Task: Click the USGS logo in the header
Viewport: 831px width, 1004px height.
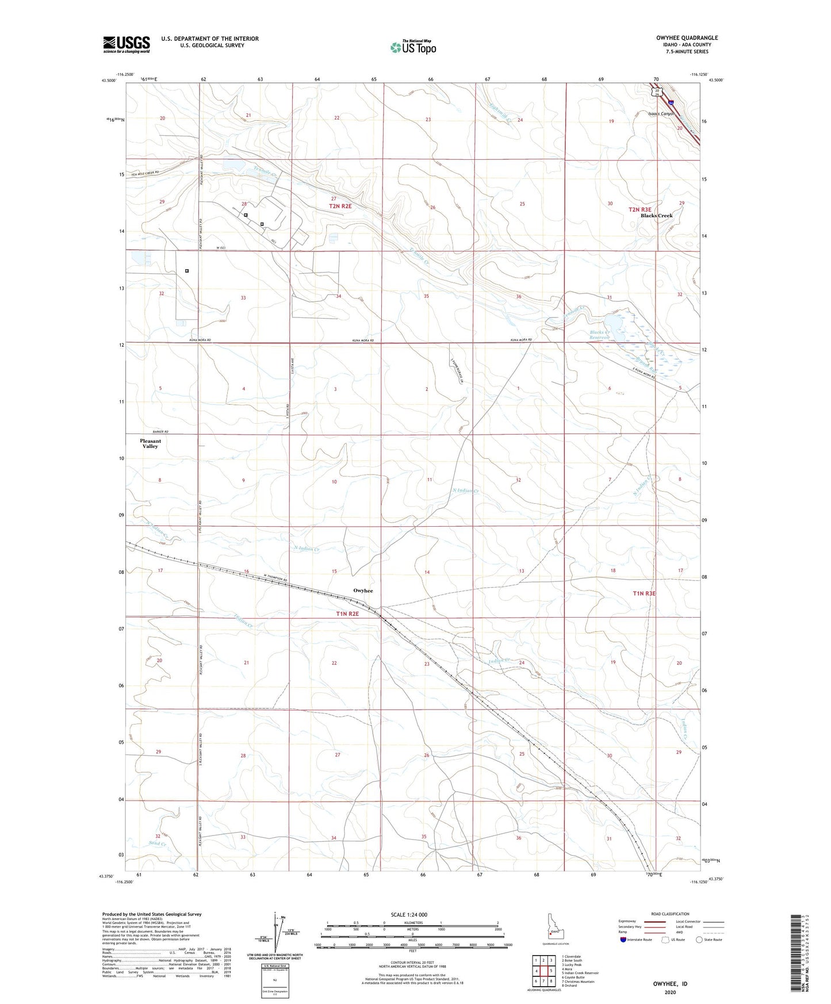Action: pos(127,44)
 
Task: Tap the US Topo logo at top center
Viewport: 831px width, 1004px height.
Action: pos(412,47)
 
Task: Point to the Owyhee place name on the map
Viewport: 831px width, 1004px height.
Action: pos(363,591)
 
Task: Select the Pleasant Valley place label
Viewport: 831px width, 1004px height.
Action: pos(150,443)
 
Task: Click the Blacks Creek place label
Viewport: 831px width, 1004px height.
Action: pos(656,216)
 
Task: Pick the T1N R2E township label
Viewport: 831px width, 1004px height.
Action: pos(347,614)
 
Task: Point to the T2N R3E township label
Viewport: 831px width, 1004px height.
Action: pos(639,210)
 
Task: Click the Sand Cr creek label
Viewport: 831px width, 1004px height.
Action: pos(157,844)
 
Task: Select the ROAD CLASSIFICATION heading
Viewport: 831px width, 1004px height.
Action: pos(671,914)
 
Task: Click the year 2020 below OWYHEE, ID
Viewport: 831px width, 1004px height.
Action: pos(670,992)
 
